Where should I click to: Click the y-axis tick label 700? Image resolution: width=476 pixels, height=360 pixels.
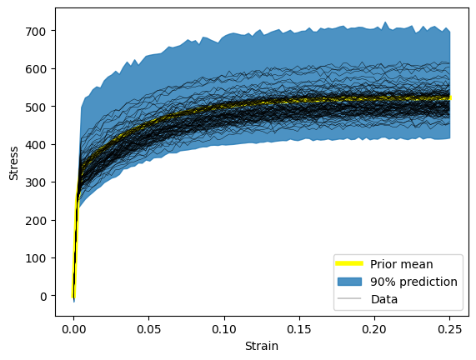(x=36, y=31)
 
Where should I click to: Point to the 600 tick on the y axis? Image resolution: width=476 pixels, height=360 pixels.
(x=36, y=69)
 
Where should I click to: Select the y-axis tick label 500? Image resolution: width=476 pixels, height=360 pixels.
(x=36, y=107)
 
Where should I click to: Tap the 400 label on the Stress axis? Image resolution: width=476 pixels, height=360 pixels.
(x=36, y=144)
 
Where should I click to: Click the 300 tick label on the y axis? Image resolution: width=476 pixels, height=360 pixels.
(x=36, y=182)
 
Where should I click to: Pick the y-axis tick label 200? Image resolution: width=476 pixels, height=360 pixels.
(x=36, y=220)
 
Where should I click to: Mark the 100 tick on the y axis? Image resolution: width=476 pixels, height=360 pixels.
(x=36, y=258)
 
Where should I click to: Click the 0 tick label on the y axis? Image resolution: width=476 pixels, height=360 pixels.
(x=43, y=296)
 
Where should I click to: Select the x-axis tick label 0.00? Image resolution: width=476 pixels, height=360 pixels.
(x=73, y=329)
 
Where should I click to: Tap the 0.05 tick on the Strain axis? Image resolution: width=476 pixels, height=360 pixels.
(x=148, y=329)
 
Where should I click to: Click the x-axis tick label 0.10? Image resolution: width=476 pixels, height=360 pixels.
(x=224, y=329)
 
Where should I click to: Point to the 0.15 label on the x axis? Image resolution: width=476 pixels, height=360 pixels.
(x=299, y=329)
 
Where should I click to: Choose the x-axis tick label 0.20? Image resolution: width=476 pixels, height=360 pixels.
(x=374, y=329)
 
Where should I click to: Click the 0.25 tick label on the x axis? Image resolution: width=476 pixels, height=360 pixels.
(x=450, y=329)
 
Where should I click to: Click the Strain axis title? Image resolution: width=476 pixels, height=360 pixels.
(x=262, y=346)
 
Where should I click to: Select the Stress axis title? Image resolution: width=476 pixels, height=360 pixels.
(x=13, y=163)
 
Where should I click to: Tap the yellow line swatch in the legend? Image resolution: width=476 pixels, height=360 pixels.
(x=349, y=263)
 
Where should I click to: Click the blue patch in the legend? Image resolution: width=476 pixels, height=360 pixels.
(x=349, y=282)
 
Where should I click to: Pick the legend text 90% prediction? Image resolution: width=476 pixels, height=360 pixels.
(x=413, y=282)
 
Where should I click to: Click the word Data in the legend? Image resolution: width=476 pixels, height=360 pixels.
(x=384, y=299)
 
